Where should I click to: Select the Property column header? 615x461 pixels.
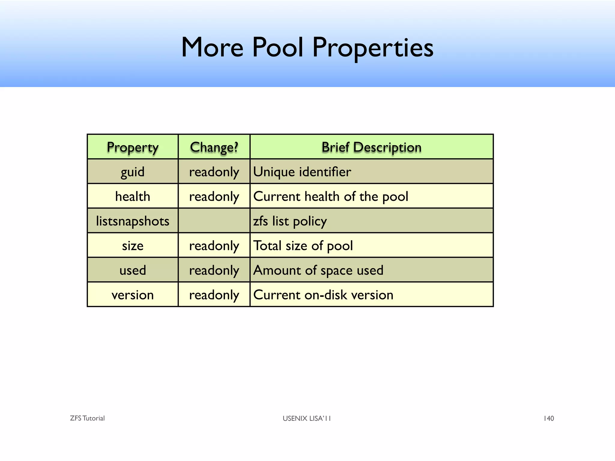[x=132, y=147]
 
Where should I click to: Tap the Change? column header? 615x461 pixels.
[x=214, y=147]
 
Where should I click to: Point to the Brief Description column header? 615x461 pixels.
[x=371, y=147]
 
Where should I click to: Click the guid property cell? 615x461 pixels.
[x=132, y=172]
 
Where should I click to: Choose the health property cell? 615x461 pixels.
[x=132, y=196]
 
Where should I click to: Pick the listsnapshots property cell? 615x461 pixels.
[x=132, y=221]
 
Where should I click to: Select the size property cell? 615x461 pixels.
[x=132, y=246]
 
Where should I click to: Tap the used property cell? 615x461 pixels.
[x=132, y=270]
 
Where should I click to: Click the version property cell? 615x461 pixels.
[x=132, y=295]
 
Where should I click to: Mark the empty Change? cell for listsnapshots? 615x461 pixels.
[x=214, y=221]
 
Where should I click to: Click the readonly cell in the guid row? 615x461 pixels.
[x=214, y=172]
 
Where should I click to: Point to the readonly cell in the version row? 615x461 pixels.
[x=214, y=295]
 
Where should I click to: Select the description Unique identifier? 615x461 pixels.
[x=302, y=172]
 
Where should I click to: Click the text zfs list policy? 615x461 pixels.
[x=290, y=221]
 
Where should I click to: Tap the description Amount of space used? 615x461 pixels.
[x=318, y=270]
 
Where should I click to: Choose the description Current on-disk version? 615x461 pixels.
[x=323, y=295]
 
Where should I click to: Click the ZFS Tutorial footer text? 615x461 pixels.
[x=87, y=418]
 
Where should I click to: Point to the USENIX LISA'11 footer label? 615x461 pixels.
[x=307, y=418]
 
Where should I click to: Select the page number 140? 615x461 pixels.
[x=549, y=418]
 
